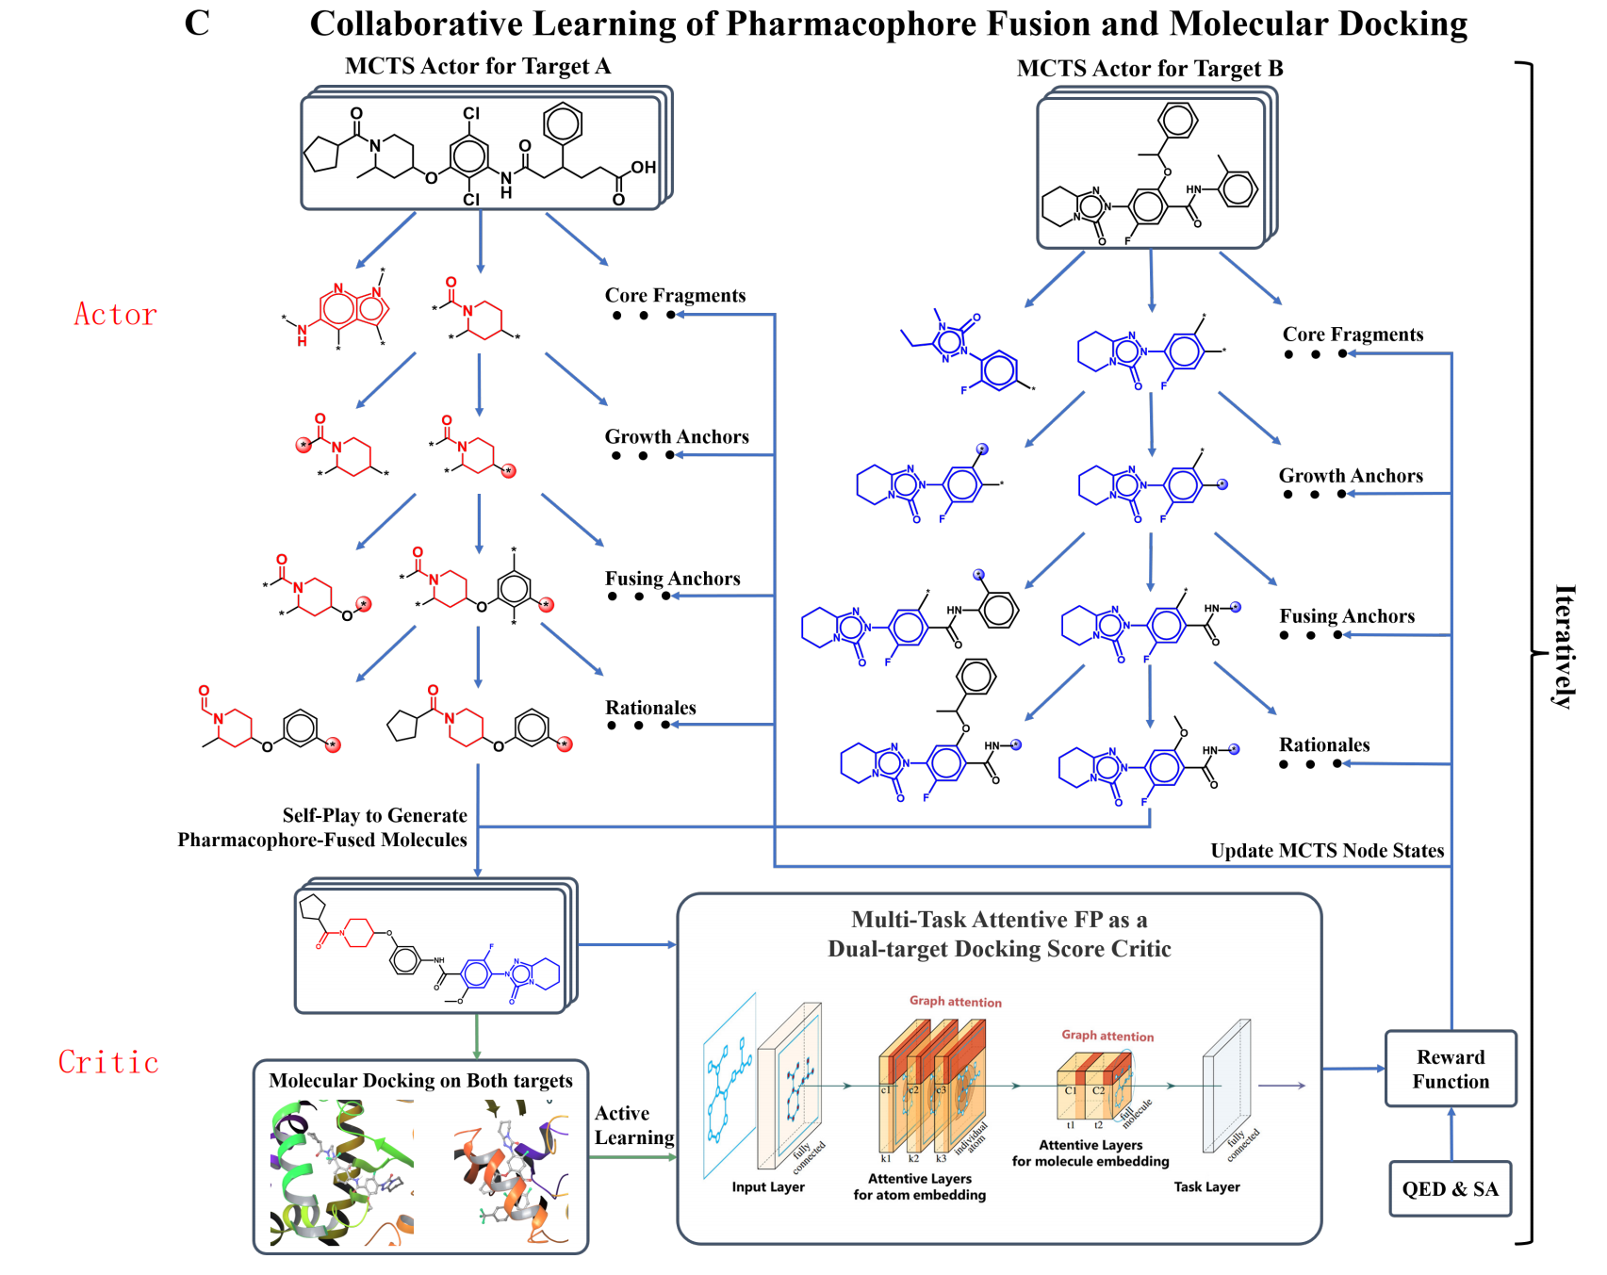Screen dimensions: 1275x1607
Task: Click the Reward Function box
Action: point(1450,1069)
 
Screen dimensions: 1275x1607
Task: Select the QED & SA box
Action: point(1450,1188)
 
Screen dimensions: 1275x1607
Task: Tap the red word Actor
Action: point(115,315)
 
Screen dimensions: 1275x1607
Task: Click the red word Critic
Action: point(108,1062)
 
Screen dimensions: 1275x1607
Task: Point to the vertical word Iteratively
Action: point(1564,646)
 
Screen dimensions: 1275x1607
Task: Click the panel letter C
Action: point(197,24)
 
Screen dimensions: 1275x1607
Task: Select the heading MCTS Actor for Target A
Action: point(477,66)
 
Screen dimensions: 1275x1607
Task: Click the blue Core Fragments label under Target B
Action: point(1353,335)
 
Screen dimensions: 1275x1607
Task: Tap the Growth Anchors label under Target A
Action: point(676,437)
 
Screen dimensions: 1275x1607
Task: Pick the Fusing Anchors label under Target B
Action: point(1346,616)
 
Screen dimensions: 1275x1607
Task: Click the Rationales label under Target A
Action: point(650,708)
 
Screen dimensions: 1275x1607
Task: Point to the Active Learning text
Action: point(632,1125)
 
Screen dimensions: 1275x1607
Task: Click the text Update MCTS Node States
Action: point(1326,851)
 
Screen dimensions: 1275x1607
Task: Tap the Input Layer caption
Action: point(767,1187)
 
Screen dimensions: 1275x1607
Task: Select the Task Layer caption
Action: point(1206,1187)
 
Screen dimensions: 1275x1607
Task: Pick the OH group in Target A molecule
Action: point(643,168)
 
